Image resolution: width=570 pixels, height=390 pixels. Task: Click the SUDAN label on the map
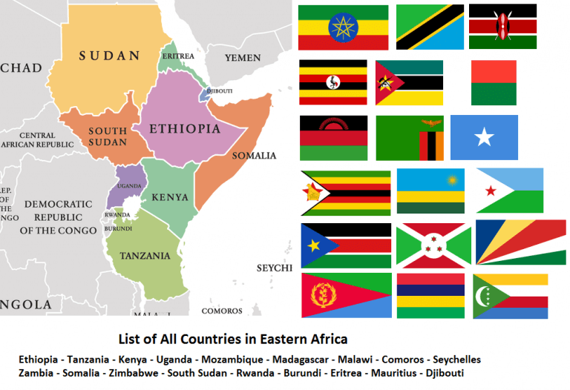click(x=109, y=56)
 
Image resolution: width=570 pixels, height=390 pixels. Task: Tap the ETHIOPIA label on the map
click(x=185, y=129)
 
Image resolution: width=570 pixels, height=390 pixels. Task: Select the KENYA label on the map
click(x=169, y=198)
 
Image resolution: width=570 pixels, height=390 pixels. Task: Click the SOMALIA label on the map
click(x=254, y=156)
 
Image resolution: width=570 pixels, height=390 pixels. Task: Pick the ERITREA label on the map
click(x=179, y=56)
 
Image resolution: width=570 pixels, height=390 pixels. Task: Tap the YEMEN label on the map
click(x=243, y=57)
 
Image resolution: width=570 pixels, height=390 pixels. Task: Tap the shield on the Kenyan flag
click(x=503, y=27)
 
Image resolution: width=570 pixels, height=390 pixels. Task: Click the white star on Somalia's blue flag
click(x=484, y=137)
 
